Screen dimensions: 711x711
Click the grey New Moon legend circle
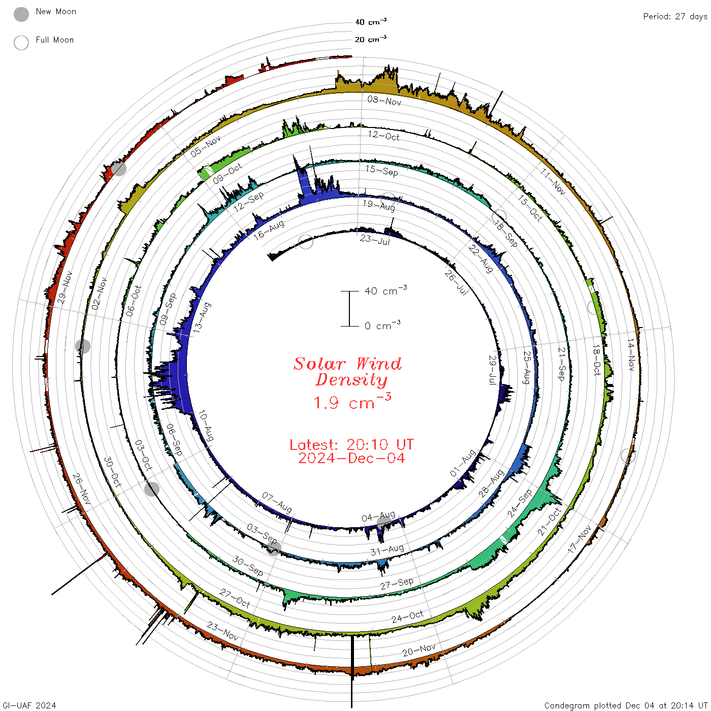pyautogui.click(x=21, y=14)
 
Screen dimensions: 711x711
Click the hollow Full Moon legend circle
pyautogui.click(x=21, y=43)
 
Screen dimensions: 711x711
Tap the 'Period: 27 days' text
pyautogui.click(x=675, y=17)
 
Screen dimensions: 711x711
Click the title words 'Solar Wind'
pyautogui.click(x=347, y=364)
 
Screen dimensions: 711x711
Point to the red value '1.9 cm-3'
pyautogui.click(x=352, y=401)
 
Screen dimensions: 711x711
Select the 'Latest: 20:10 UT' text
pyautogui.click(x=351, y=444)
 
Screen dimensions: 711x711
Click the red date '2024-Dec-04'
pyautogui.click(x=351, y=458)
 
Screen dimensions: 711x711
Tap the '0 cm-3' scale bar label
pyautogui.click(x=382, y=325)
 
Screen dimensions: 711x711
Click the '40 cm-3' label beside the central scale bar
pyautogui.click(x=386, y=290)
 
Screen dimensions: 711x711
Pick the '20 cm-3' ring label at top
pyautogui.click(x=370, y=39)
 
